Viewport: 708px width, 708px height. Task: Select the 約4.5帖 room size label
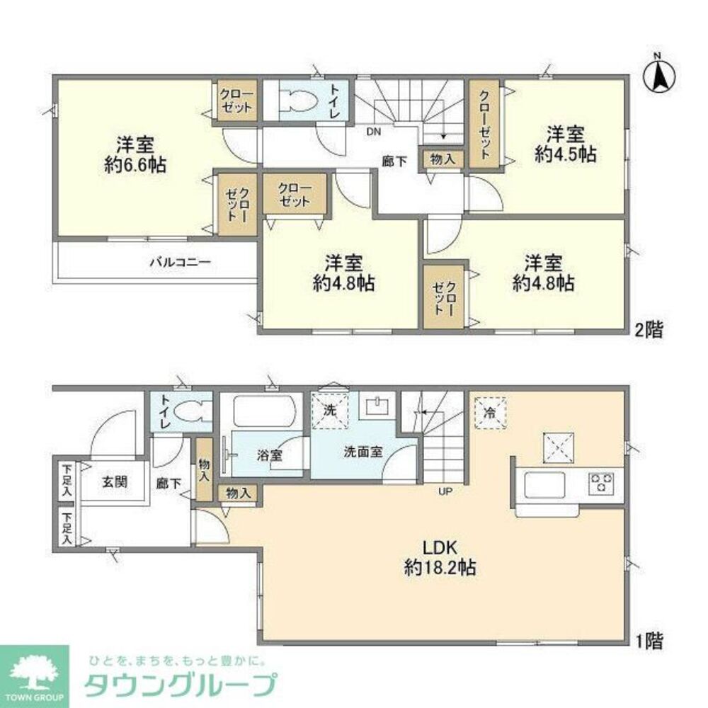pos(565,154)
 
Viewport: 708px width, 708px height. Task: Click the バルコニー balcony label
pos(180,262)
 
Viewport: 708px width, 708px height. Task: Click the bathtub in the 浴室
pos(261,411)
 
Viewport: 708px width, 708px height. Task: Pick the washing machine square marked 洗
pos(330,410)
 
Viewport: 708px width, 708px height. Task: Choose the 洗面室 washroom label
pos(363,452)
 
